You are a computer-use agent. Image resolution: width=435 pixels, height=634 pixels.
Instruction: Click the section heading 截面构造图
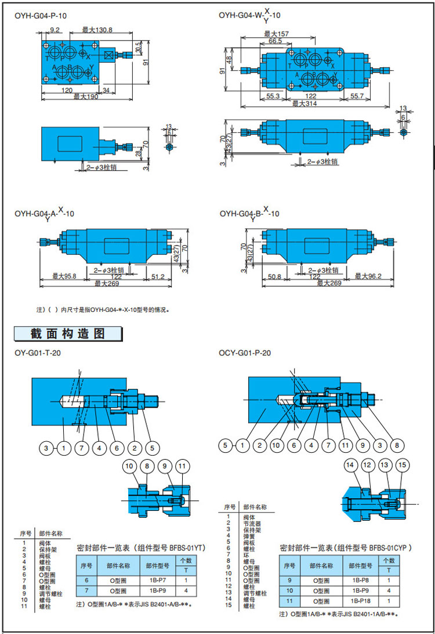pos(68,334)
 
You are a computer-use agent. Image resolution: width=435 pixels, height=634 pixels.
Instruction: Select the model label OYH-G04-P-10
pos(41,16)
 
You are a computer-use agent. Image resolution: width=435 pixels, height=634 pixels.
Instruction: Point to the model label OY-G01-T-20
pos(38,352)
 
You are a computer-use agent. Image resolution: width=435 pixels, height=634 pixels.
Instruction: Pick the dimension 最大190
pos(86,96)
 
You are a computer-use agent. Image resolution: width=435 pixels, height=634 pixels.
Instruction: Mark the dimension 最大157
pos(276,34)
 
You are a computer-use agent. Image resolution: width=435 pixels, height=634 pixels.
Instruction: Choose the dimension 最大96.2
pos(369,276)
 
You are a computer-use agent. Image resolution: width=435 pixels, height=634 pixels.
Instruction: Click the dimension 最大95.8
pos(64,276)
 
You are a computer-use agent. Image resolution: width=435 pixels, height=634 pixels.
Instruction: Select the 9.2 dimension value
pos(56,30)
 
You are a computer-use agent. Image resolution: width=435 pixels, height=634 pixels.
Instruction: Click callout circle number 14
pos(350,465)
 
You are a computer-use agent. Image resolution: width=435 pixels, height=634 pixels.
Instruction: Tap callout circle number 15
pos(403,465)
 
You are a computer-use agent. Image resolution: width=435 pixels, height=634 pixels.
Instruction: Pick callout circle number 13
pos(384,465)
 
